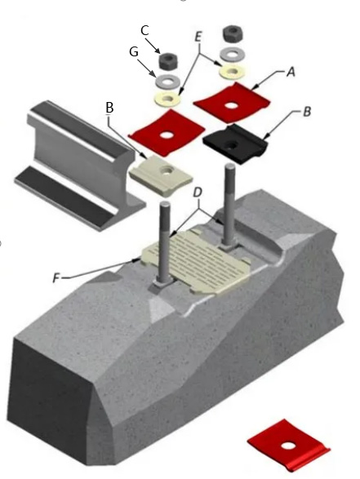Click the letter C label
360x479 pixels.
click(144, 30)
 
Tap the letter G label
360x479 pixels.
click(134, 52)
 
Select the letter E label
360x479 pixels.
click(198, 37)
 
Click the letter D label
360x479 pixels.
click(198, 193)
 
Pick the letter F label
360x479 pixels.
click(56, 278)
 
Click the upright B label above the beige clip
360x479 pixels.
click(109, 108)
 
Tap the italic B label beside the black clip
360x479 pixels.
click(307, 112)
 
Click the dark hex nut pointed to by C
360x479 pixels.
click(167, 60)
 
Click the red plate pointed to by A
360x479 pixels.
click(233, 101)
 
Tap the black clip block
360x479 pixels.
click(235, 144)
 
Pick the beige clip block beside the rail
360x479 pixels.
click(161, 175)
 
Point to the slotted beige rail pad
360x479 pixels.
click(196, 261)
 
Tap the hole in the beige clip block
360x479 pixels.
click(168, 169)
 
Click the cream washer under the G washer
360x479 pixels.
click(167, 100)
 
